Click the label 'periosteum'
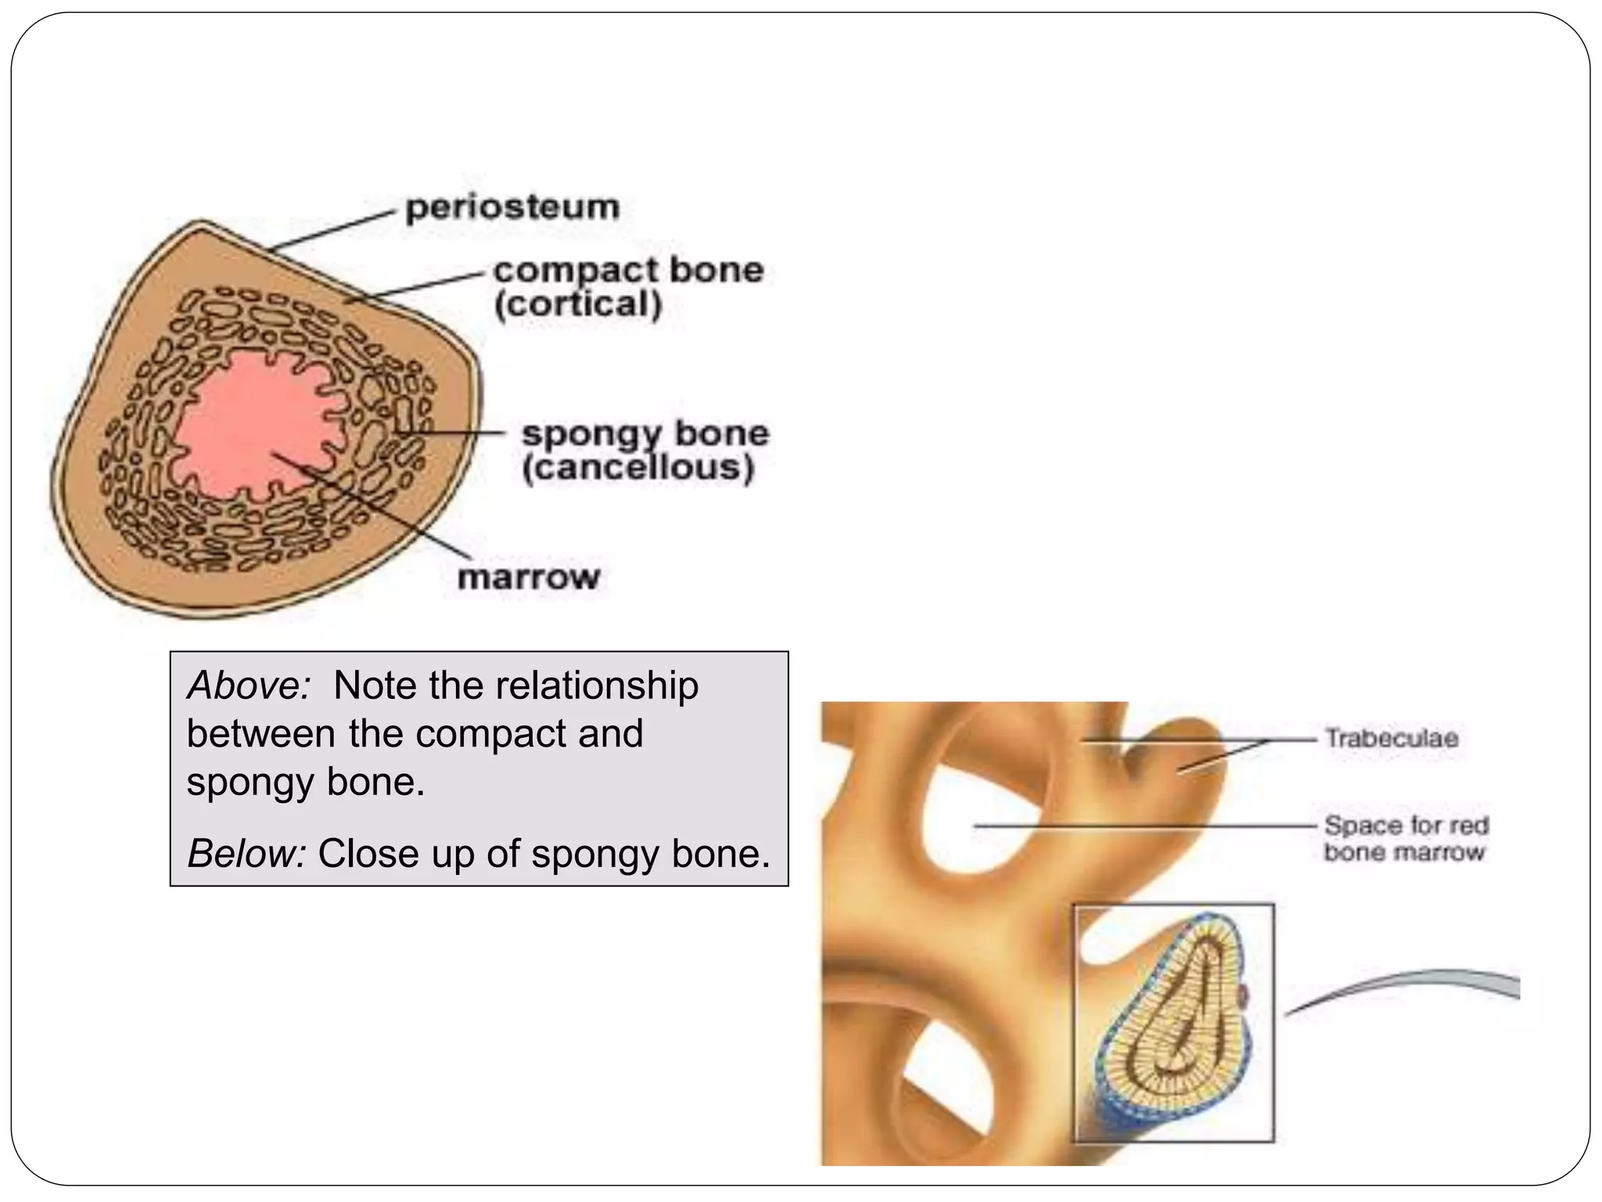point(512,208)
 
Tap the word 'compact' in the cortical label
point(575,271)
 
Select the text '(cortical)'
point(578,304)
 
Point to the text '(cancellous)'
point(638,469)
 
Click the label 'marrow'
point(528,578)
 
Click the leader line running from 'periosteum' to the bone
point(329,230)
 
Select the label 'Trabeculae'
point(1391,738)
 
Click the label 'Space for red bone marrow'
point(1405,838)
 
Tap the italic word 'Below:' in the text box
point(246,854)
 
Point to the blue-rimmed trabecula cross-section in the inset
point(1173,1017)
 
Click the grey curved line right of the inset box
point(1408,983)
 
